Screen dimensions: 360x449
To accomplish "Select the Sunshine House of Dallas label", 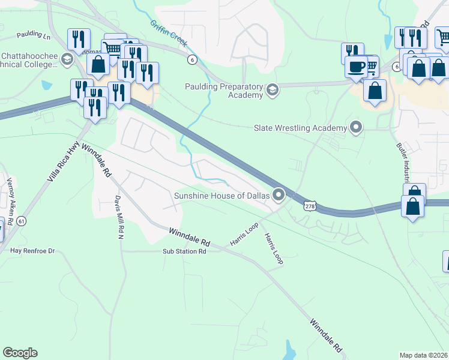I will (x=221, y=196).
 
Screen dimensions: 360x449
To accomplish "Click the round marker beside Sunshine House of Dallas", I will (x=279, y=194).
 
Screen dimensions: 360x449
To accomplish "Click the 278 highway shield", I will (x=310, y=206).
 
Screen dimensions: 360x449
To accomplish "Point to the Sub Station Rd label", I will (x=184, y=251).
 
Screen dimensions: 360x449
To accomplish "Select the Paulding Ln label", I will (x=34, y=35).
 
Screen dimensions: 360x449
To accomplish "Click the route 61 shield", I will (x=22, y=221).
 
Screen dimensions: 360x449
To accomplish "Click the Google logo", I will (x=20, y=353).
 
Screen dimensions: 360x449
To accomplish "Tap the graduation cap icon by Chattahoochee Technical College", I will (x=67, y=59).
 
